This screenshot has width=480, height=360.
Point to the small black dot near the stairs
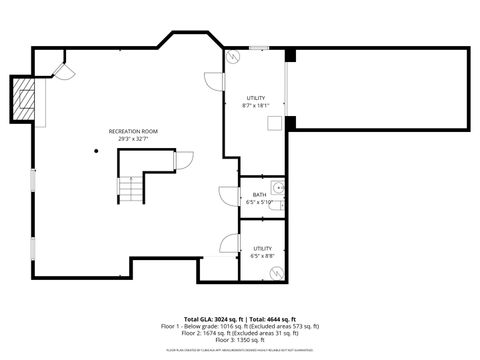97,151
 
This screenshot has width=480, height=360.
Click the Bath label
259,195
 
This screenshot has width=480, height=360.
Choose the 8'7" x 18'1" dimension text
256,105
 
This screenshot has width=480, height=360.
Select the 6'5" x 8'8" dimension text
262,256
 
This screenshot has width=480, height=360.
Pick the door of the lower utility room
227,243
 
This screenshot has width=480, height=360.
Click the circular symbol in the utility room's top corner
230,57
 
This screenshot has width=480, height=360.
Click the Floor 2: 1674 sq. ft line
240,333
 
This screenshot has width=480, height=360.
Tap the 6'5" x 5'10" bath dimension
259,202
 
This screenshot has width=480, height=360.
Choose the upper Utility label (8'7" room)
256,98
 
